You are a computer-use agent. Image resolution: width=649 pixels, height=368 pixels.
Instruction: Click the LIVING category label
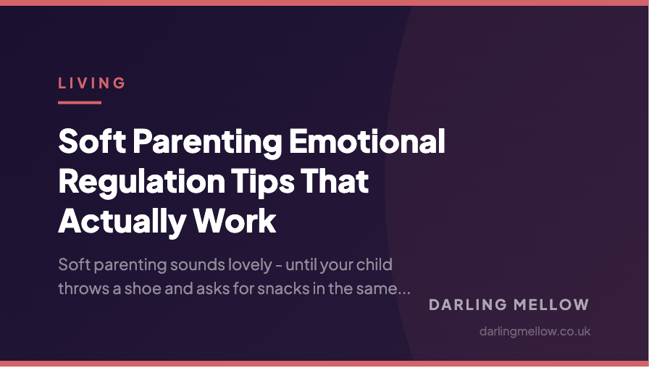(x=92, y=83)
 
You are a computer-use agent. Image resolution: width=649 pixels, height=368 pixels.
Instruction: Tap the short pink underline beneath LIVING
(x=79, y=102)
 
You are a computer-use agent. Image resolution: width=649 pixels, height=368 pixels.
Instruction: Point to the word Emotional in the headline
(x=367, y=141)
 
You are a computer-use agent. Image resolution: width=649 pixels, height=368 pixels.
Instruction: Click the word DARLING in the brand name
(x=466, y=305)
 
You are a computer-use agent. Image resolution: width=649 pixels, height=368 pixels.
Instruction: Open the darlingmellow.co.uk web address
(x=535, y=331)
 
